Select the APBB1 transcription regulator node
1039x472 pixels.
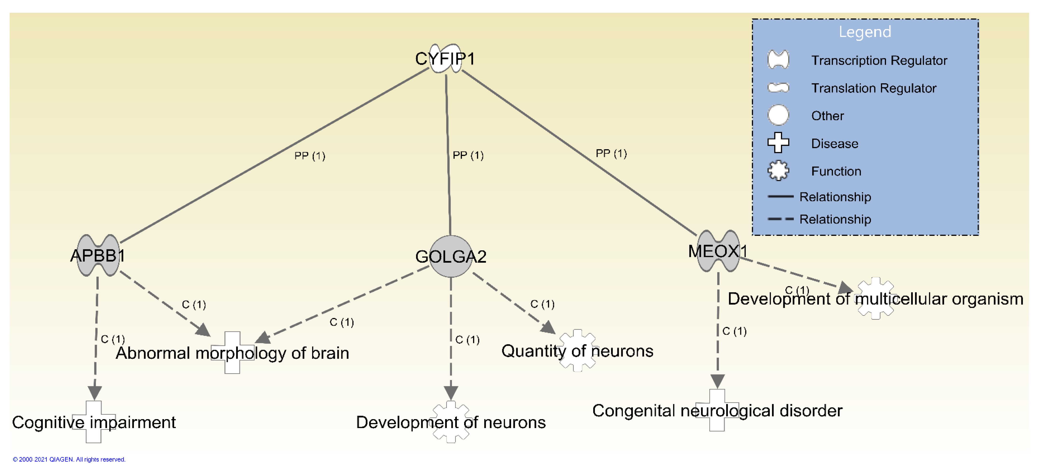(98, 255)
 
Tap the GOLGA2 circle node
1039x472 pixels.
(451, 256)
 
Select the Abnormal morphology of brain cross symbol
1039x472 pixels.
(232, 352)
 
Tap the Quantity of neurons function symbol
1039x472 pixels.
(578, 351)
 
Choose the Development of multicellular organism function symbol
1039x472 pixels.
(875, 298)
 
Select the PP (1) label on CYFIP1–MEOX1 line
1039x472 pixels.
(611, 154)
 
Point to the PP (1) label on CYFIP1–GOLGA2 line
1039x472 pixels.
(468, 155)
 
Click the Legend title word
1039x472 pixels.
(865, 32)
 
